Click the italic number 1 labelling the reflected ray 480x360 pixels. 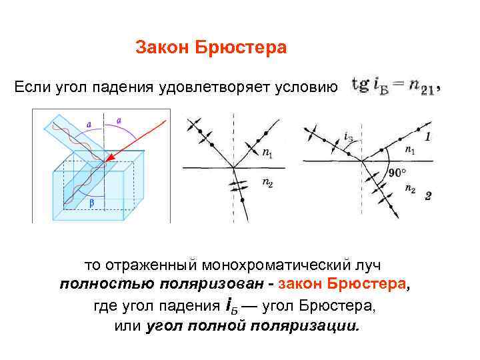click(x=427, y=136)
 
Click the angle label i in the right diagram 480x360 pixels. click(x=348, y=137)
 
